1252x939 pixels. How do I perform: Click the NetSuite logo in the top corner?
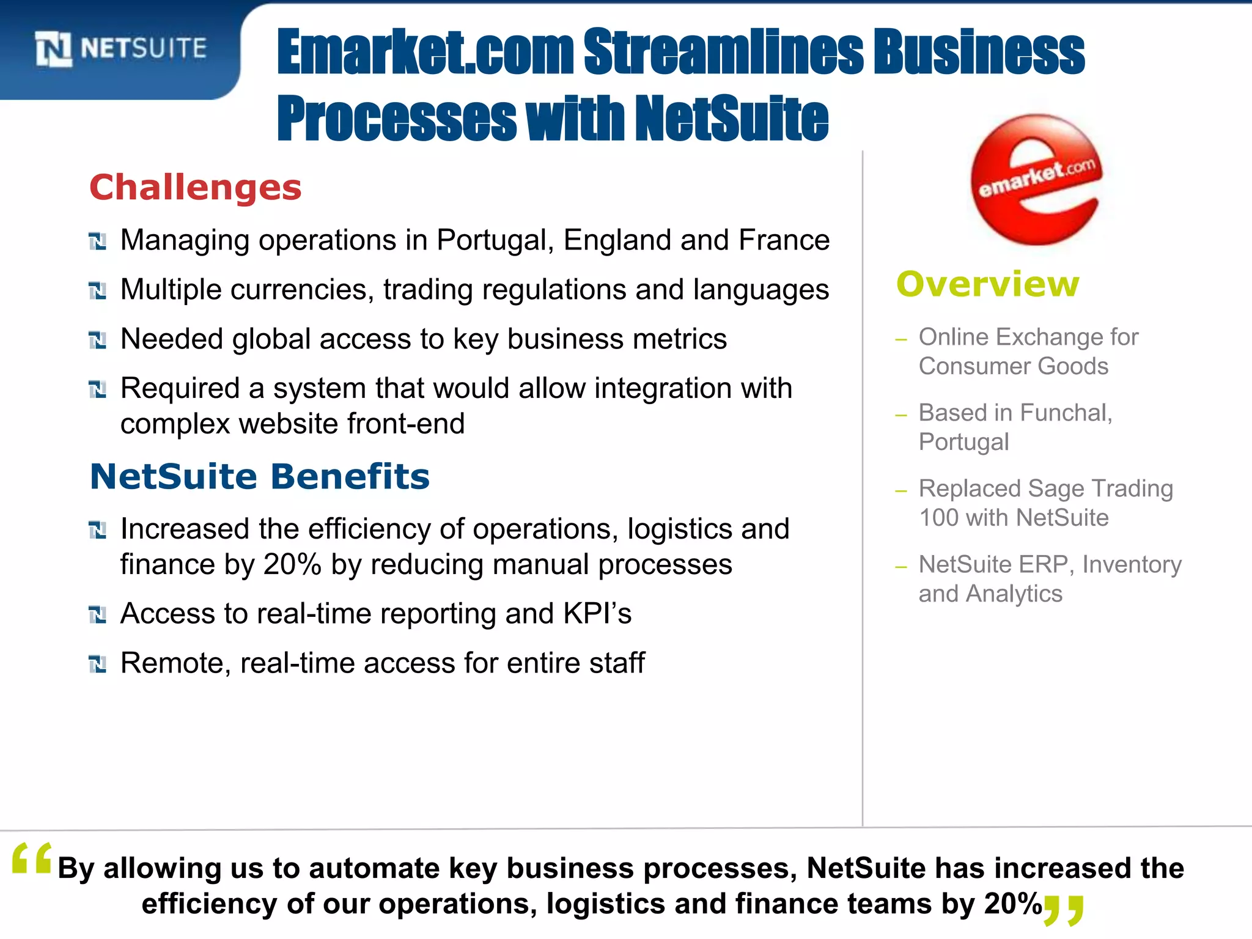[x=120, y=48]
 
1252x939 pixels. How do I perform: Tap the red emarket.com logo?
[x=1037, y=180]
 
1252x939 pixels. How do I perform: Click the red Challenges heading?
[x=196, y=187]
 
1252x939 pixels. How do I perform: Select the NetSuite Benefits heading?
[x=260, y=476]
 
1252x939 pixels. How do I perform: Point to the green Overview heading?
[x=987, y=284]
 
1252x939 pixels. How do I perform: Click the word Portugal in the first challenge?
[x=495, y=240]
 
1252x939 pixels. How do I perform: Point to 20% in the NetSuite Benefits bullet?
[x=292, y=564]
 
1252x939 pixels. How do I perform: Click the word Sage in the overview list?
[x=1058, y=488]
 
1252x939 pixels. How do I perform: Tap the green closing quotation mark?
[x=1064, y=910]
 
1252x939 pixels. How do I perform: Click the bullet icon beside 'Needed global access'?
[x=97, y=340]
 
